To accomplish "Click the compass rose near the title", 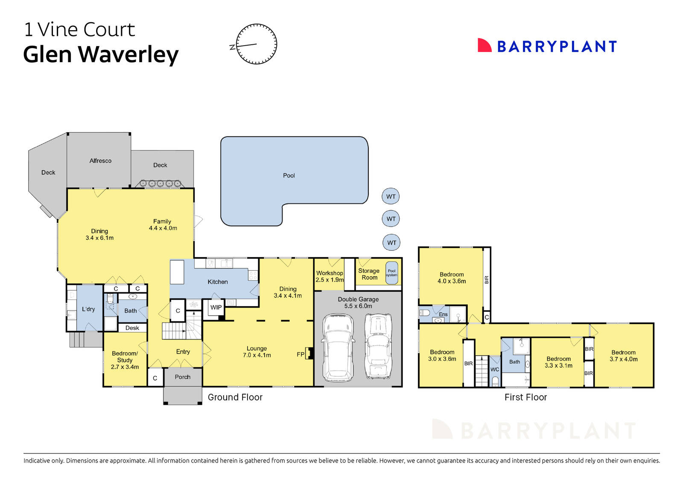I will point(257,44).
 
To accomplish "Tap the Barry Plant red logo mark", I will point(484,46).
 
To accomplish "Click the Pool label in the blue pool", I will point(289,175).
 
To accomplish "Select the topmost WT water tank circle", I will point(391,197).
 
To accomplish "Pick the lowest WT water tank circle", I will point(391,243).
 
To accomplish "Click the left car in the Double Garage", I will point(338,348).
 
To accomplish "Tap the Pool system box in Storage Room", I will point(391,273).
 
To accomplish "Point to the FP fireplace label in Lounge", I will point(301,354).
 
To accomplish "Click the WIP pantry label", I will point(216,307).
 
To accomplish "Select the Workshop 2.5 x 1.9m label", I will point(330,276).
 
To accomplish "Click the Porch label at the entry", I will point(183,377).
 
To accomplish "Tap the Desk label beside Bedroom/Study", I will point(132,328).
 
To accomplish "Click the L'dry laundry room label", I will point(88,309).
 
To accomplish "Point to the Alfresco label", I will point(100,161).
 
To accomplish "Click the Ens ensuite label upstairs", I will point(443,314).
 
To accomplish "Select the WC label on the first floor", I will point(494,369).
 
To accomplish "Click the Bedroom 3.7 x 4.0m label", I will point(623,356).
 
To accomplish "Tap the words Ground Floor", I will point(235,397).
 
